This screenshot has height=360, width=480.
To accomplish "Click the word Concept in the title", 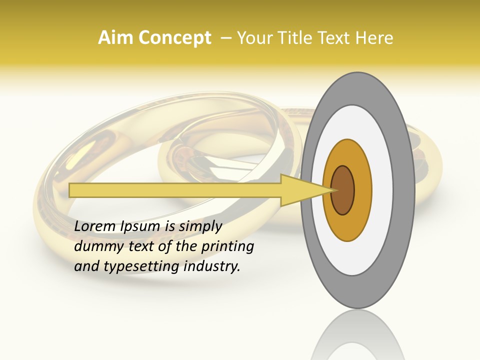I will coord(174,38).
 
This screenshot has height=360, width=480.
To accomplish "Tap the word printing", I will coord(227,246).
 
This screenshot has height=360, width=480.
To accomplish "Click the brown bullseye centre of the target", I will coord(342,190).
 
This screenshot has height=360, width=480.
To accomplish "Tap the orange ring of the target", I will coord(362,190).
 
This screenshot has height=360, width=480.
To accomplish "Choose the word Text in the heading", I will coord(334,38).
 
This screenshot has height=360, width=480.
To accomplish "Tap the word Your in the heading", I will coord(253,38).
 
